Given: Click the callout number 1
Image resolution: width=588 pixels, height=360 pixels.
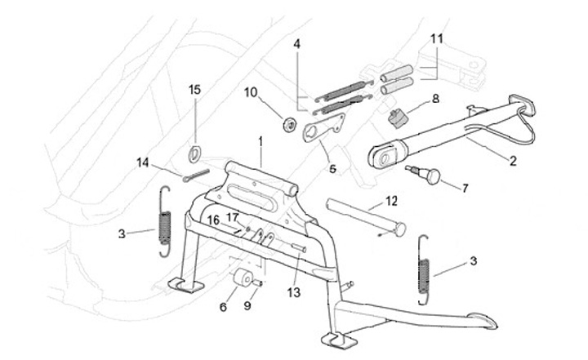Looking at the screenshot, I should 261,140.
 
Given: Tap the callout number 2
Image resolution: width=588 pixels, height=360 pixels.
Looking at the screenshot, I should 513,162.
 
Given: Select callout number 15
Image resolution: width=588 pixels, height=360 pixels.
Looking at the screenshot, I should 194,89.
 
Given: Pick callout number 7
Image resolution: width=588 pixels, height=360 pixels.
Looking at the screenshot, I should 465,188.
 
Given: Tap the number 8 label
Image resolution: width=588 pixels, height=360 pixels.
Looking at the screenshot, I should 435,98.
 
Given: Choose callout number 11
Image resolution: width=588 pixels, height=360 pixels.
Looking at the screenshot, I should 437,38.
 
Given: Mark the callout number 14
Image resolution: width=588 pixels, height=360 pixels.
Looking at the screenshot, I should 143,162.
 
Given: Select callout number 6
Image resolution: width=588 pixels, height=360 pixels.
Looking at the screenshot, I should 222,307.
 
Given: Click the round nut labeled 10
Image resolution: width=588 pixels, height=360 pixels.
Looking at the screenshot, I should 287,124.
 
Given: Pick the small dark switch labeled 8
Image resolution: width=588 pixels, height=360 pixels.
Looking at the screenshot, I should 398,117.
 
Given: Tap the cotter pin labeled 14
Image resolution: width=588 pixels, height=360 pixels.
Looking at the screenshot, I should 196,176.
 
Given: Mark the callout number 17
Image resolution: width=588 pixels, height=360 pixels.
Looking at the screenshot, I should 232,217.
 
